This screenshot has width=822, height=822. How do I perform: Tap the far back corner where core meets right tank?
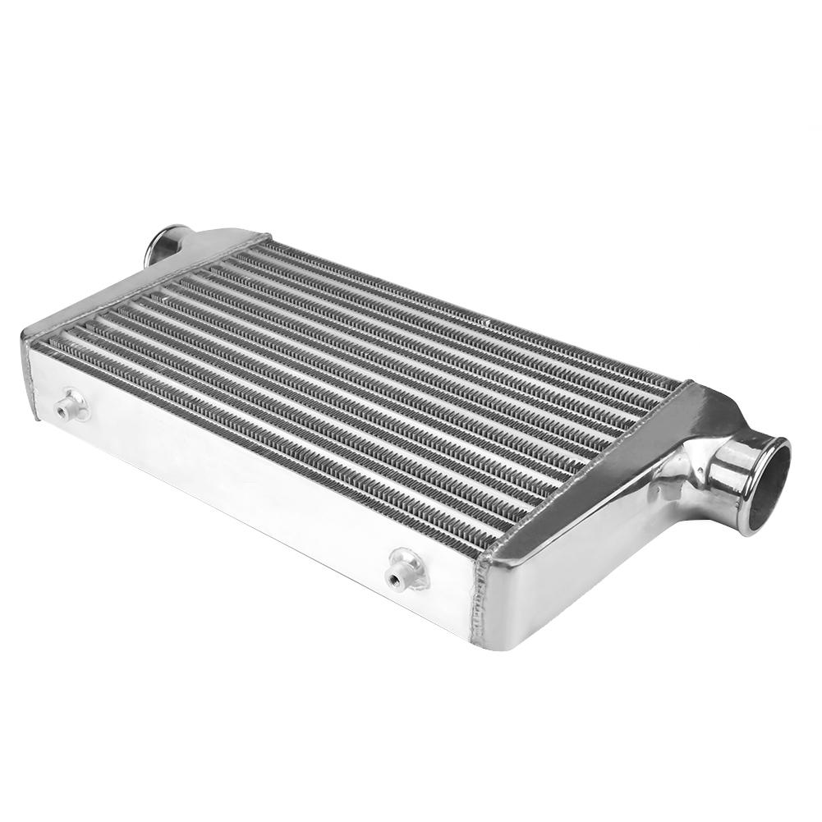pos(687,383)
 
